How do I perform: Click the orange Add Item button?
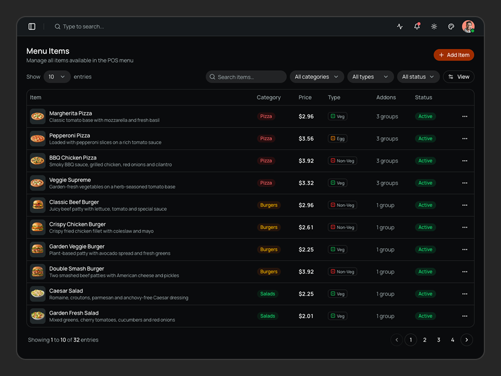tap(454, 55)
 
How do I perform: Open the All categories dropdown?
tap(317, 77)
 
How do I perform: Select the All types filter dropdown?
tap(370, 77)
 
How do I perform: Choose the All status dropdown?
tap(418, 77)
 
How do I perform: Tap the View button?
tap(459, 77)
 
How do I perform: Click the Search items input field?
tap(246, 77)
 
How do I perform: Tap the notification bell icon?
tap(417, 26)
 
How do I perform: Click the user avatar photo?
tap(468, 27)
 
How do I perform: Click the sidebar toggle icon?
tap(32, 27)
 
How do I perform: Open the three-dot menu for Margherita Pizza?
tap(465, 116)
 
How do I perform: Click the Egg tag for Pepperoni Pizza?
tap(337, 138)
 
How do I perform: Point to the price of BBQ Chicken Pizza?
tap(306, 161)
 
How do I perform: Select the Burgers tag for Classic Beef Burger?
tap(269, 205)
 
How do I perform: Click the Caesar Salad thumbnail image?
tap(37, 294)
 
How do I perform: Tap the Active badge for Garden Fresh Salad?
tap(426, 316)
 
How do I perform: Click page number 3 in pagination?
tap(439, 340)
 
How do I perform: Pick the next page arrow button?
tap(467, 340)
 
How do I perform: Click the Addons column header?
tap(386, 97)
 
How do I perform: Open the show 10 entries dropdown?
tap(57, 77)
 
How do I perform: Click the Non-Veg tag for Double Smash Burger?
tap(342, 272)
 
